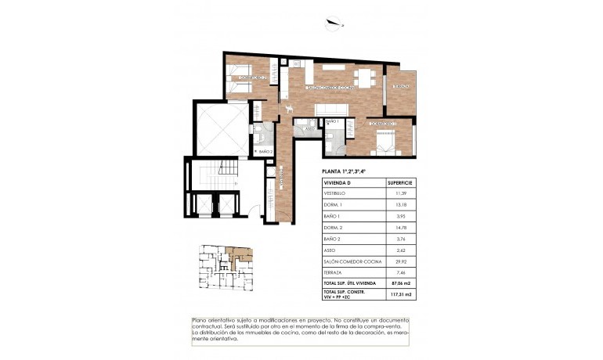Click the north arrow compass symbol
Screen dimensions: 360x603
pyautogui.click(x=335, y=23)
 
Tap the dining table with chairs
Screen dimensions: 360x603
pyautogui.click(x=363, y=77)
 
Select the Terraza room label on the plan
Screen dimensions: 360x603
pyautogui.click(x=399, y=86)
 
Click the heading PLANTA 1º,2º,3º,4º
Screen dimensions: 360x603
pyautogui.click(x=345, y=171)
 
